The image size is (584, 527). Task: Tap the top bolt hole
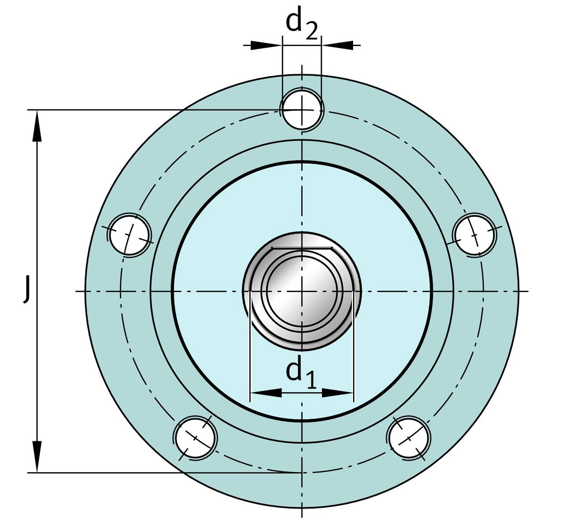point(302,110)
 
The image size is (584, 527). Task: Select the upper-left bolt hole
point(130,235)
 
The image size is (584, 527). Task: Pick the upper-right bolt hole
point(475,235)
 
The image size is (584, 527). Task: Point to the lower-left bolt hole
point(195,437)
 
